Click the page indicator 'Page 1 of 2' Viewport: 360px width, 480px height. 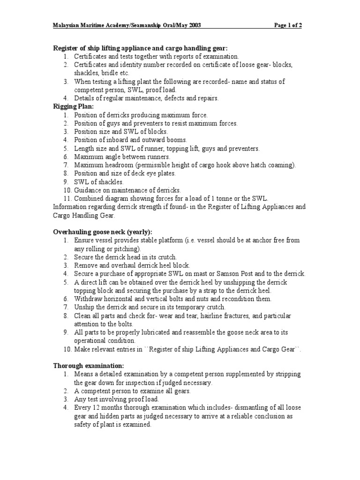point(288,25)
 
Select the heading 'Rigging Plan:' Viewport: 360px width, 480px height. point(71,106)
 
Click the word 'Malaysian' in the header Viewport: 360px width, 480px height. point(68,25)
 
